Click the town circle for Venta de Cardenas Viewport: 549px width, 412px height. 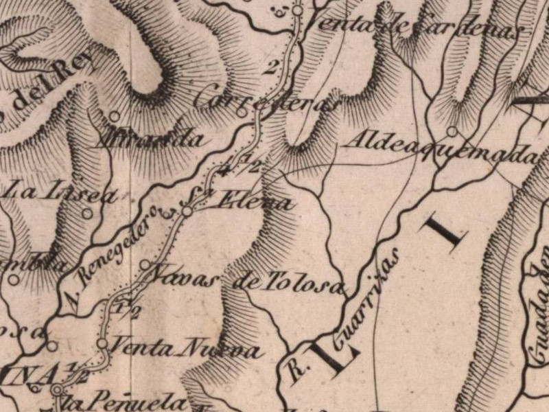[297, 10]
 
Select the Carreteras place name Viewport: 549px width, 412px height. [267, 103]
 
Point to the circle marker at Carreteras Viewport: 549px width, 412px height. [241, 111]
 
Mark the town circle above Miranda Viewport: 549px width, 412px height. [115, 116]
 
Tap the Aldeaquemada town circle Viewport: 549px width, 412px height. [452, 130]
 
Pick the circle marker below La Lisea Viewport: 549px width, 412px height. [87, 213]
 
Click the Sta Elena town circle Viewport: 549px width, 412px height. [187, 213]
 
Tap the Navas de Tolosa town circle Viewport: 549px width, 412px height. [145, 264]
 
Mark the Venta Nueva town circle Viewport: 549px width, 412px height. [102, 342]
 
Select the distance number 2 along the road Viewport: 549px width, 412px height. [270, 67]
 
